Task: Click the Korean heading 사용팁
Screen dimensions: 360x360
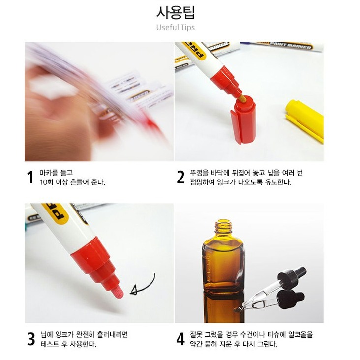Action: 176,12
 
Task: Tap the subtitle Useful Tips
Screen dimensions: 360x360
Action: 176,28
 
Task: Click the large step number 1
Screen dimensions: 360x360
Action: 30,178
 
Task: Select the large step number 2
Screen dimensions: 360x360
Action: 180,178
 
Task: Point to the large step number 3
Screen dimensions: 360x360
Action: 31,339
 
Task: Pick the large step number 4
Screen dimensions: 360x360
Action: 180,339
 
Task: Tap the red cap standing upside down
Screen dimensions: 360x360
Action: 243,120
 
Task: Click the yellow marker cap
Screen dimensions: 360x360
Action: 305,120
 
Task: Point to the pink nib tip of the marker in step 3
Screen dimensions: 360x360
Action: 118,292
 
